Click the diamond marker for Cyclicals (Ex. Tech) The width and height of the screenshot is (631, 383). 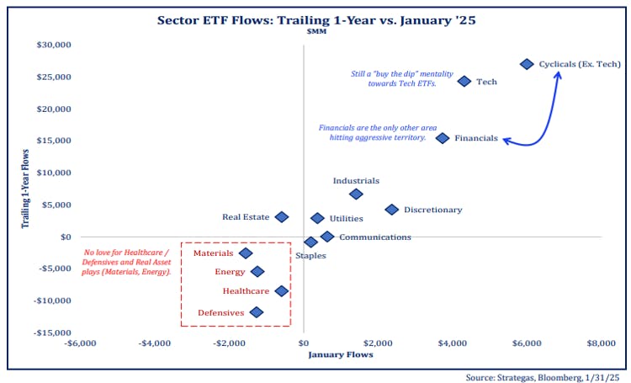[x=527, y=64]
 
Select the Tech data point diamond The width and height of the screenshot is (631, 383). [x=464, y=82]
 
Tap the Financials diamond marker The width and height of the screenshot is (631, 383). [x=443, y=138]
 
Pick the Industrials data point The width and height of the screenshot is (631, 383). [x=356, y=194]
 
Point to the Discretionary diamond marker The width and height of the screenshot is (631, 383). [x=391, y=210]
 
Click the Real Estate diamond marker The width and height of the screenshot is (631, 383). [x=282, y=217]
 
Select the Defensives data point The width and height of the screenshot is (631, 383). [x=257, y=312]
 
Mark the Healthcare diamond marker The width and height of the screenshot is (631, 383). [x=282, y=291]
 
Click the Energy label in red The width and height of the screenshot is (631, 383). [x=230, y=272]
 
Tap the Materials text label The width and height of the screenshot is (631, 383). [x=213, y=253]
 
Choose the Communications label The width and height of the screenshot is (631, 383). [x=375, y=237]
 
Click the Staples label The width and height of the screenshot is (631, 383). [x=310, y=255]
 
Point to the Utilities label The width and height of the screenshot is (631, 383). [x=346, y=219]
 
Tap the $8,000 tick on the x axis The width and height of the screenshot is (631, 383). [x=601, y=343]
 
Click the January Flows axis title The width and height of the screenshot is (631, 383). [x=340, y=354]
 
